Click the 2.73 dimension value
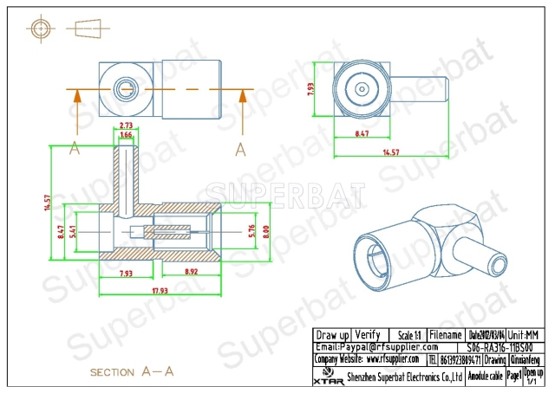tap(127, 126)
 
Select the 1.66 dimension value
tap(127, 136)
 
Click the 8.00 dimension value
tap(267, 231)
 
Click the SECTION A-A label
tap(133, 371)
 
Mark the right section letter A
tap(240, 150)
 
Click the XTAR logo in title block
tap(325, 375)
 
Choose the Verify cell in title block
tap(368, 334)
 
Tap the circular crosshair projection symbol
tap(41, 29)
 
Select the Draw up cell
tap(332, 334)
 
